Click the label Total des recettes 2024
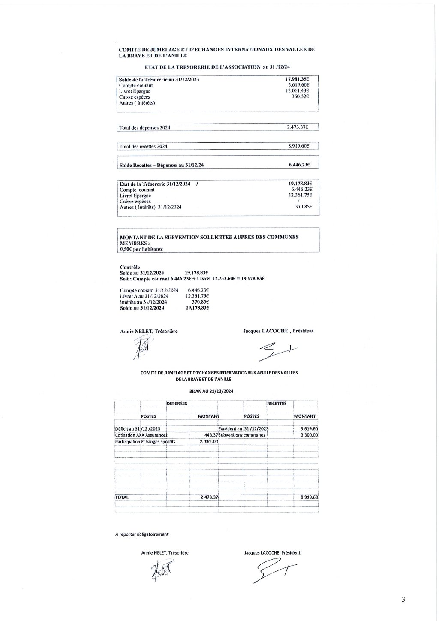pos(143,146)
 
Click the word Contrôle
pos(130,267)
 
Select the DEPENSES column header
pos(177,404)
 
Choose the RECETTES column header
pos(277,404)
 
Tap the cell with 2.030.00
pos(209,442)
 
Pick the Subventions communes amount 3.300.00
pos(309,435)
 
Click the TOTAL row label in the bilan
pos(122,497)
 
